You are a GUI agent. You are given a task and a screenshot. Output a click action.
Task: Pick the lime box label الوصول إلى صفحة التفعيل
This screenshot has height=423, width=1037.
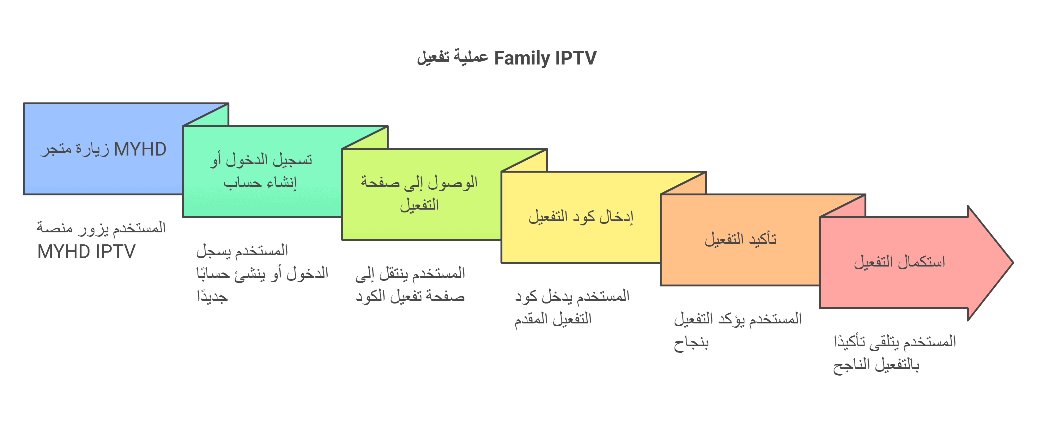[x=419, y=193]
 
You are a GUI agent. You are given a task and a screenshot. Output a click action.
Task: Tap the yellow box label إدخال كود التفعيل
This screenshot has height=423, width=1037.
[x=581, y=216]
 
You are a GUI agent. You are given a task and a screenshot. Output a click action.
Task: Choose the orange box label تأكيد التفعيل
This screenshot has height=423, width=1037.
[x=740, y=239]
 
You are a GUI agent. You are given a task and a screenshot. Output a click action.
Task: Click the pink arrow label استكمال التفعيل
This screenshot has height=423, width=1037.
[x=899, y=262]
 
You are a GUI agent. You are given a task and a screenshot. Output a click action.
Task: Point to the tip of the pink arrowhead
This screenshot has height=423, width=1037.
[x=1013, y=263]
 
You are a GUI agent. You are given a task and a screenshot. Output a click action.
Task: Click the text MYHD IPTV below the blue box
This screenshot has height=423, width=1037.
[x=87, y=252]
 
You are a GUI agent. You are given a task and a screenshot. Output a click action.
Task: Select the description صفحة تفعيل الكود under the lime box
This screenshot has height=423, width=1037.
[x=410, y=296]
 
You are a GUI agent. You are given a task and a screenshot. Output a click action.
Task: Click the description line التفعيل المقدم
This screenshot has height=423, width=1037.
[x=553, y=319]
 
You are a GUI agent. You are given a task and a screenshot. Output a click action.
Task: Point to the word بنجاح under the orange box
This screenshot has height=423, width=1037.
[x=691, y=343]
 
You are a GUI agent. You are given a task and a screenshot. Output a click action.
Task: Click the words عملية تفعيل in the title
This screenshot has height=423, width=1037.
[x=452, y=57]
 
